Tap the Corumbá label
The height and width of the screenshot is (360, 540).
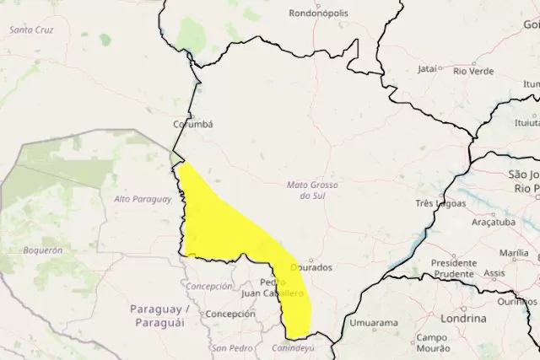(193, 124)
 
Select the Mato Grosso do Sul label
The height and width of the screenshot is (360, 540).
(306, 190)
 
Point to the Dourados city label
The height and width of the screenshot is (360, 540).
(311, 267)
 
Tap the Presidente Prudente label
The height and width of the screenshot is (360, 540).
(454, 268)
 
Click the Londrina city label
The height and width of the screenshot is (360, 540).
(463, 319)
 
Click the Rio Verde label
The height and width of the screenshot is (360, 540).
(473, 70)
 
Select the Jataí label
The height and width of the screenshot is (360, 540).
(428, 69)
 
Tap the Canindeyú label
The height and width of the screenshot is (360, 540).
(293, 347)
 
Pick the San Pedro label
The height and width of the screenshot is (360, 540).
(231, 347)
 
